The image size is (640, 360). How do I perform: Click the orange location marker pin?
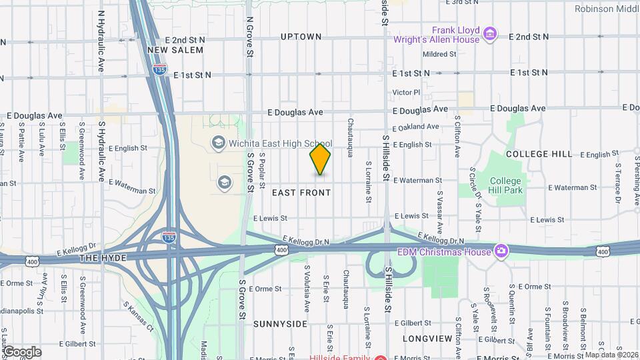320,159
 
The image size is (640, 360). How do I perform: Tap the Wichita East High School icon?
217,143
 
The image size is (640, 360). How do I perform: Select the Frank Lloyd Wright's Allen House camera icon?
490,33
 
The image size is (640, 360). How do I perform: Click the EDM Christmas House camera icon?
501,251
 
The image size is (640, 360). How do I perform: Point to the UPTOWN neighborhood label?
301,37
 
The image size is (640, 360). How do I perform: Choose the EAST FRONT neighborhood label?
301,193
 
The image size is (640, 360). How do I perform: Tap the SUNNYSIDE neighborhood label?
280,323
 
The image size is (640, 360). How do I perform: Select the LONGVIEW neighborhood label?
427,339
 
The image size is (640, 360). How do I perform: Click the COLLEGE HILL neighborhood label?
539,154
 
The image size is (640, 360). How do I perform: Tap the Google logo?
22,351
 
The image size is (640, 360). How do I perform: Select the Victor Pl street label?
407,92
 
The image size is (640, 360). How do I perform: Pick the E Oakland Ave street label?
416,127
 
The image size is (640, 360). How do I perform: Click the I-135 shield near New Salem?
159,69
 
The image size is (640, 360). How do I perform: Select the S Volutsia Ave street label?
307,289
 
